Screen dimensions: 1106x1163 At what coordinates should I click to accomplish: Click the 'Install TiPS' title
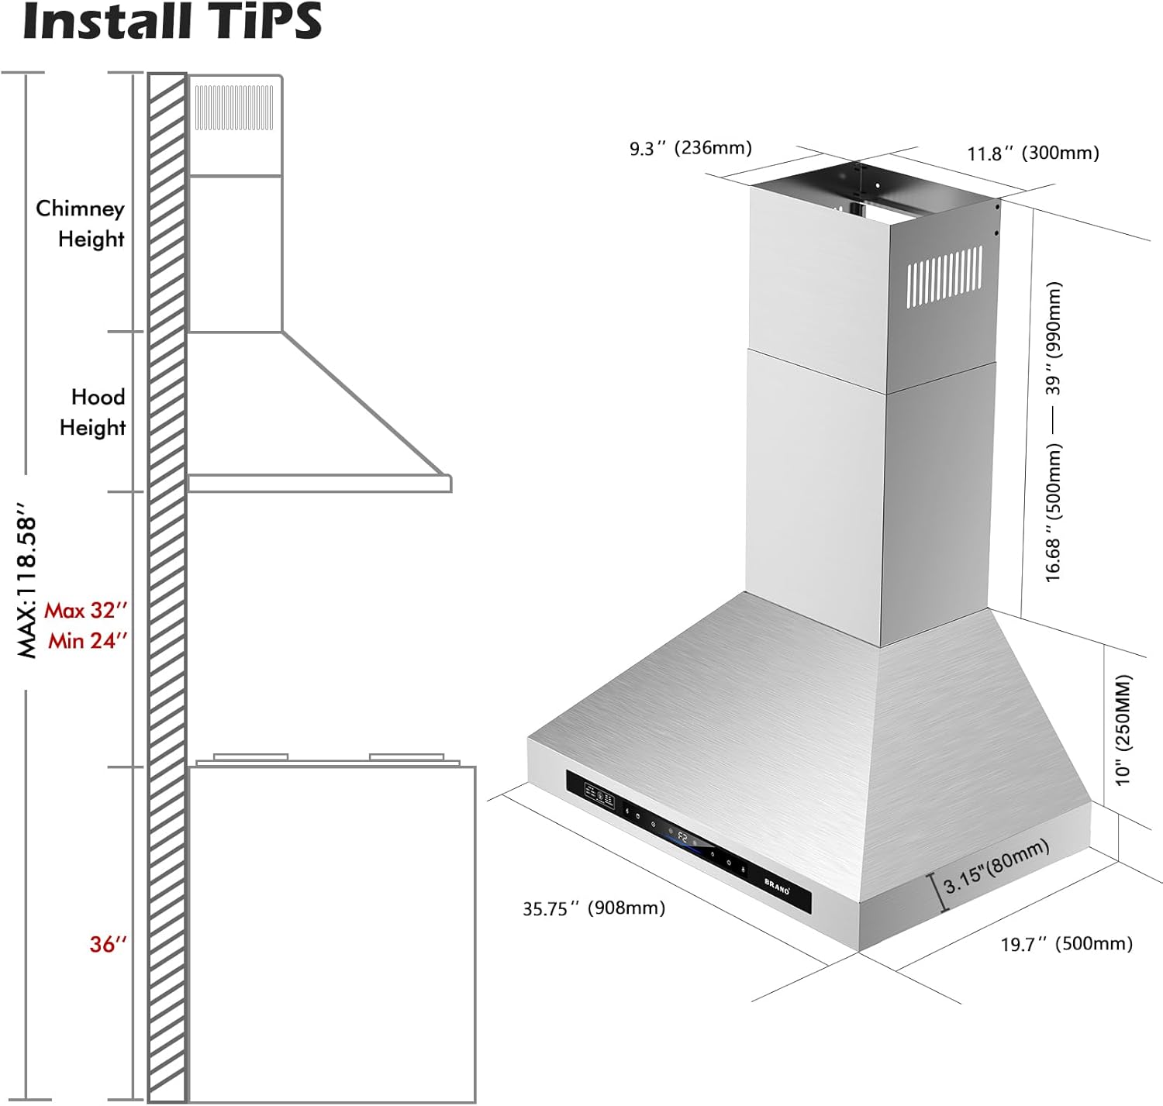[172, 22]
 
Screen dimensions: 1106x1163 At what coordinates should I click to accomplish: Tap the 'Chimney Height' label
[80, 223]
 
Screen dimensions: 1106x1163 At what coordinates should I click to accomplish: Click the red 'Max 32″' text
[85, 611]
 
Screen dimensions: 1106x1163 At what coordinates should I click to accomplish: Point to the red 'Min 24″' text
[87, 641]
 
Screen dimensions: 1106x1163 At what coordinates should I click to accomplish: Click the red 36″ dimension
[107, 944]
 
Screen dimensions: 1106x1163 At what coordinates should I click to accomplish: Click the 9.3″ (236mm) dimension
[690, 148]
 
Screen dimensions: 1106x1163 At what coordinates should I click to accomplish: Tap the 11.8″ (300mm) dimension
[1033, 153]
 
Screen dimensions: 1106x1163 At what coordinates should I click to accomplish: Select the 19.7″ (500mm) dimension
[1066, 944]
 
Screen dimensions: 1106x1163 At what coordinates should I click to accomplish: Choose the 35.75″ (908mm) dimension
[593, 908]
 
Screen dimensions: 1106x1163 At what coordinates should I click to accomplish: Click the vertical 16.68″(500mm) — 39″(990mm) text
[1054, 432]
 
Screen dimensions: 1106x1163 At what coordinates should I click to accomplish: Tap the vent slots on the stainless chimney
[944, 274]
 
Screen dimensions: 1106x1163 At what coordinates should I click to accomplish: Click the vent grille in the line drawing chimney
[233, 108]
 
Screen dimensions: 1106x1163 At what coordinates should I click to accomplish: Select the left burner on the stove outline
[250, 756]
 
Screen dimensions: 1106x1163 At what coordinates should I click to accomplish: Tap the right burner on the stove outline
[406, 756]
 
